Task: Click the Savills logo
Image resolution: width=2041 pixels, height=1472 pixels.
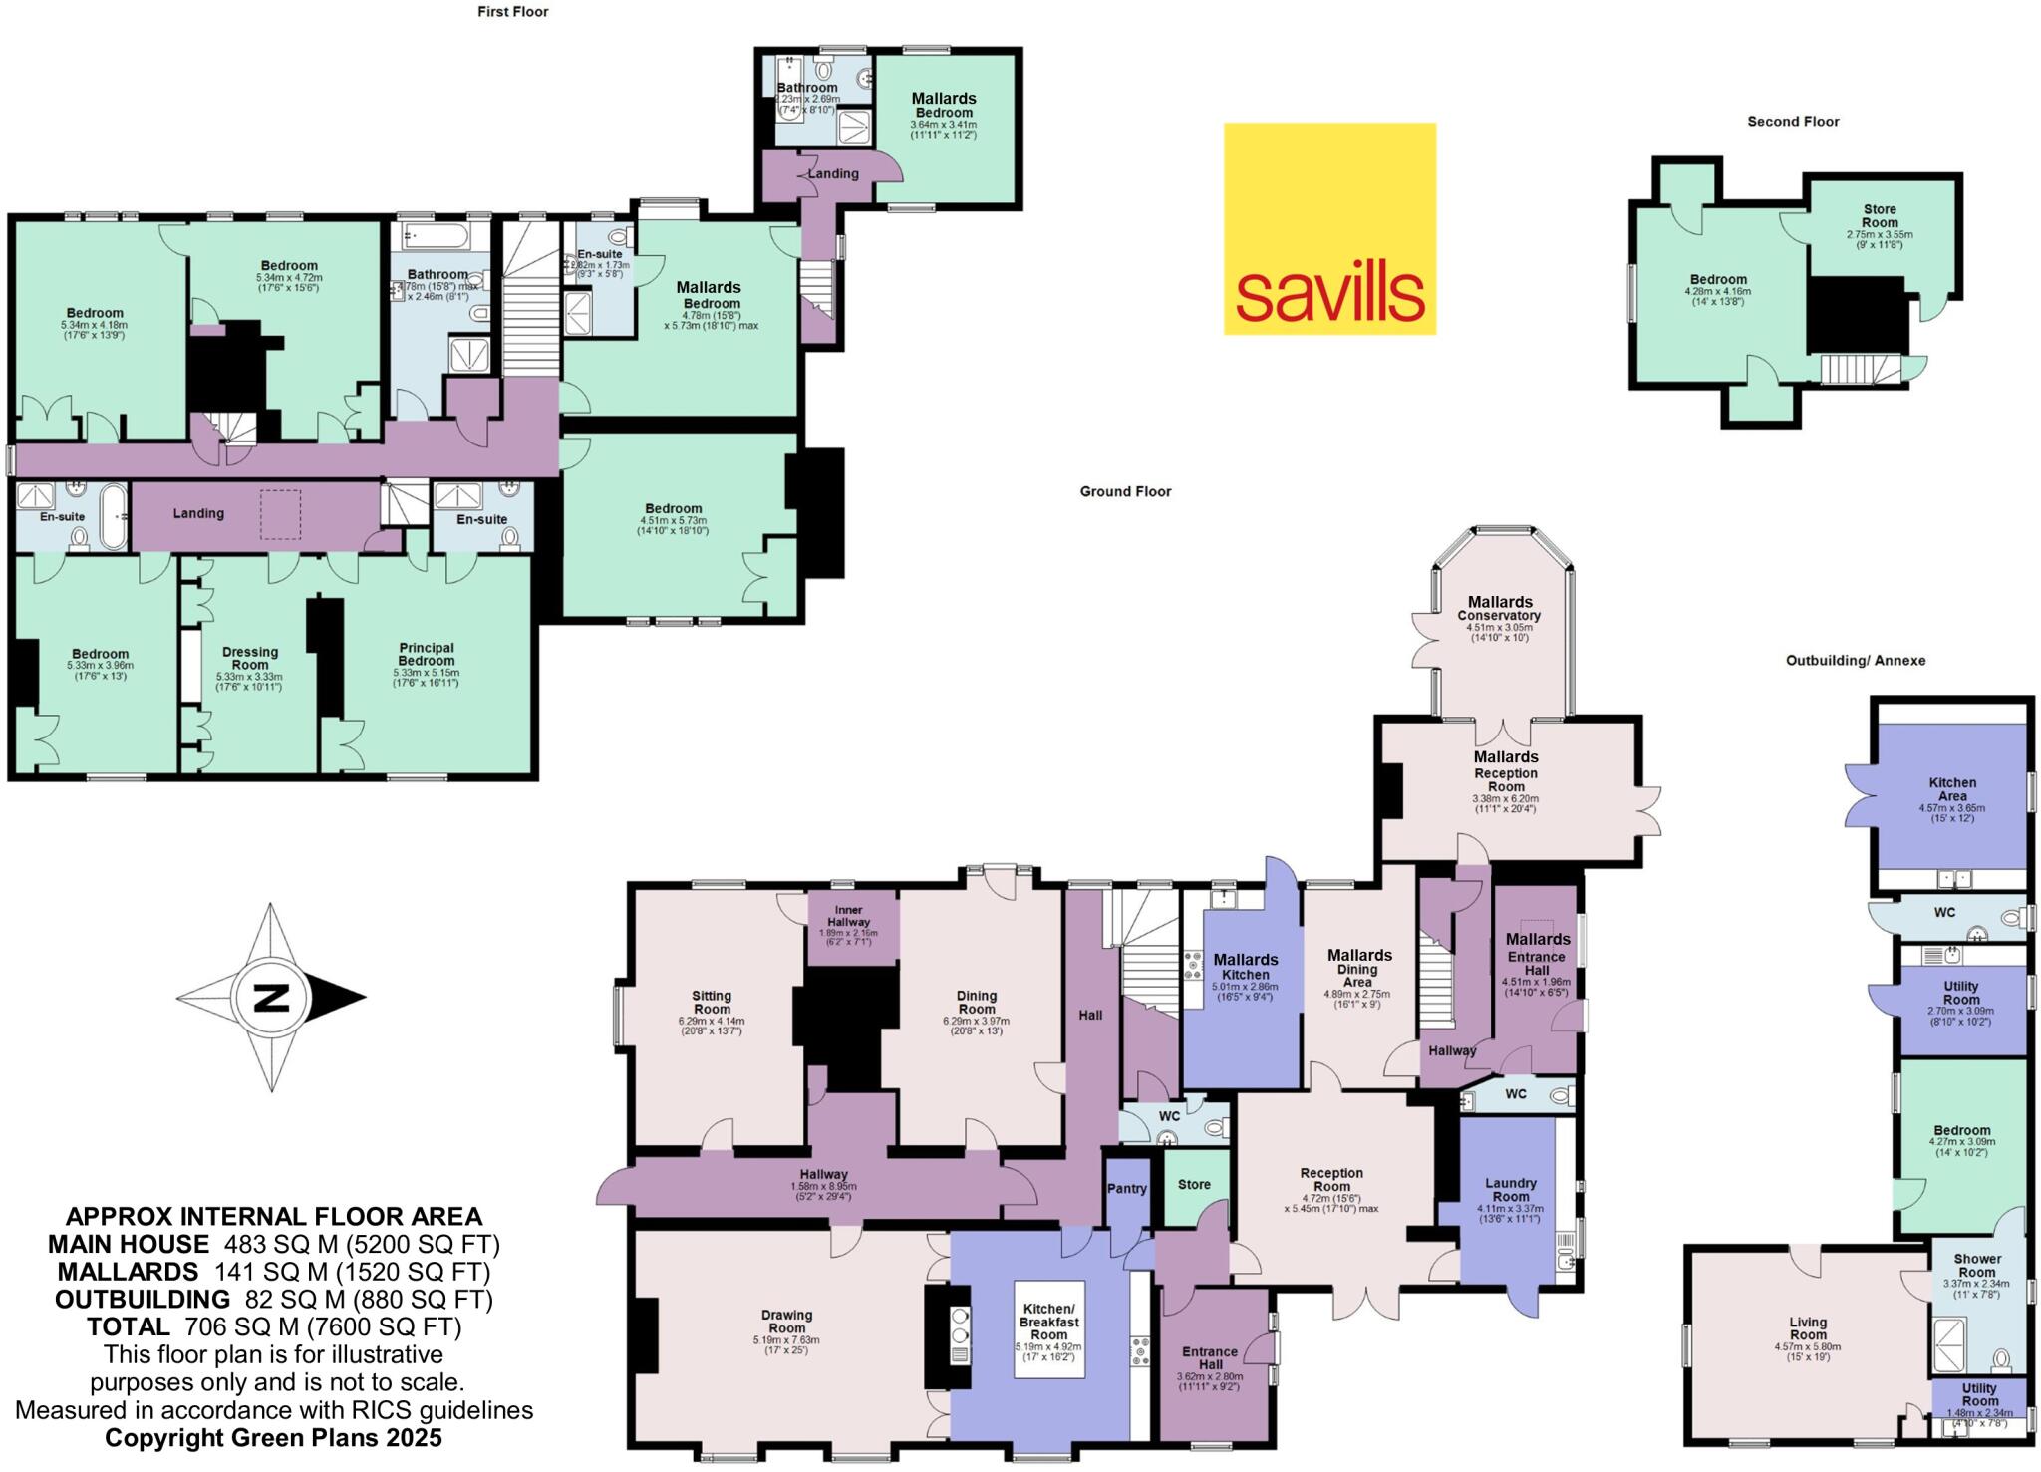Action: [x=1329, y=228]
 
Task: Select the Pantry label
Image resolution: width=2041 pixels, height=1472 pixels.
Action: [x=1127, y=1188]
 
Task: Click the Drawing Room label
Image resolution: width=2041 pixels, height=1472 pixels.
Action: [x=786, y=1322]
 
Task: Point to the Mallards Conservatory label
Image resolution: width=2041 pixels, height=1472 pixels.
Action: [x=1499, y=608]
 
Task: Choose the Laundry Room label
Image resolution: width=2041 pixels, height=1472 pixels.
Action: [x=1510, y=1190]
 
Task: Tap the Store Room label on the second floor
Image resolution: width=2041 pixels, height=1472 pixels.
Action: [x=1880, y=216]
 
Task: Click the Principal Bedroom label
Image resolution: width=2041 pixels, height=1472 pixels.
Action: [x=427, y=654]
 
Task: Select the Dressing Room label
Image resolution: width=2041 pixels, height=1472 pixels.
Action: [x=250, y=658]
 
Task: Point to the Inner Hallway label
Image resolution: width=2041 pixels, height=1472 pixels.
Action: [x=850, y=916]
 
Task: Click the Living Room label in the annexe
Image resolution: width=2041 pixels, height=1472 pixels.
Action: [x=1808, y=1328]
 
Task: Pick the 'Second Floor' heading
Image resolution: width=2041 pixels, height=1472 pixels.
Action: [x=1793, y=122]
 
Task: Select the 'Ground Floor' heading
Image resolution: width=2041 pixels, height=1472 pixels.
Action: [x=1125, y=491]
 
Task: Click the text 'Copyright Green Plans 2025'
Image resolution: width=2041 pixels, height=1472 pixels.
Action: [x=273, y=1437]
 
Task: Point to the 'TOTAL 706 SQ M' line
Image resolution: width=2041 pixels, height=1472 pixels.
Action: [x=273, y=1326]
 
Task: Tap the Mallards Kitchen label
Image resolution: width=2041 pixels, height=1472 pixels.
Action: [x=1245, y=967]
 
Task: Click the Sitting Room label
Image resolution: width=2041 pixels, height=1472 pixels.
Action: [x=712, y=1002]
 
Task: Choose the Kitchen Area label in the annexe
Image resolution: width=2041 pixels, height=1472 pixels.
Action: [x=1952, y=789]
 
